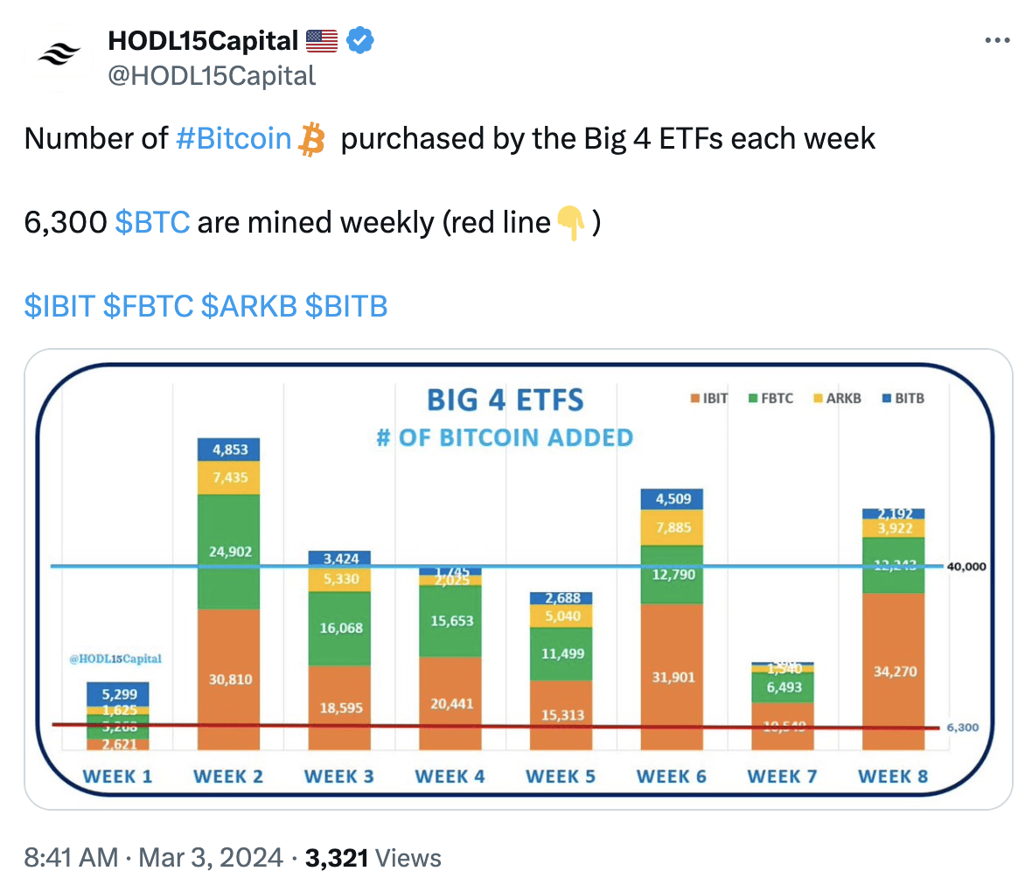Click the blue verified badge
(360, 40)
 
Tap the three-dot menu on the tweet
(997, 41)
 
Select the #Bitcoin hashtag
(234, 139)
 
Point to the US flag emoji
(322, 40)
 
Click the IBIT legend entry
(709, 399)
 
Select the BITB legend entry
(903, 399)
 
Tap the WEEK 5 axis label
(561, 777)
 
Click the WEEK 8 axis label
(893, 777)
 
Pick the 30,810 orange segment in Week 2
(230, 679)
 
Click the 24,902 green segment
(230, 552)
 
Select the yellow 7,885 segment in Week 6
(673, 527)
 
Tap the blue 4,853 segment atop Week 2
(230, 449)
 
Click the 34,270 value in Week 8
(895, 672)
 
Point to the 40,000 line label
(966, 567)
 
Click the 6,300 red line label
(963, 728)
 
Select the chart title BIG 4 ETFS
(505, 401)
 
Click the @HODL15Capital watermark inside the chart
(115, 659)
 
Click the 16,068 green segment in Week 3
(341, 628)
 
